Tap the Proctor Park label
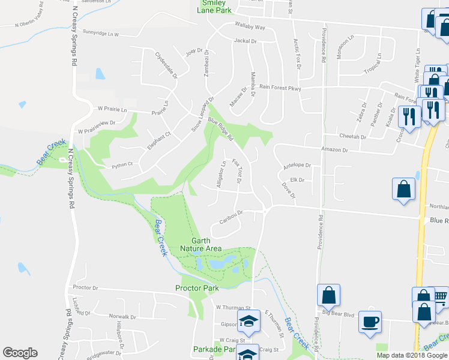coord(197,288)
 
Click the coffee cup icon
coord(370,321)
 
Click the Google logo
coord(20,353)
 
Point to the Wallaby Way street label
coord(250,28)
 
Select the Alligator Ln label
coord(221,175)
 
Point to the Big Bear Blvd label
coord(339,313)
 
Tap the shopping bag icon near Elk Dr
coord(404,188)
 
